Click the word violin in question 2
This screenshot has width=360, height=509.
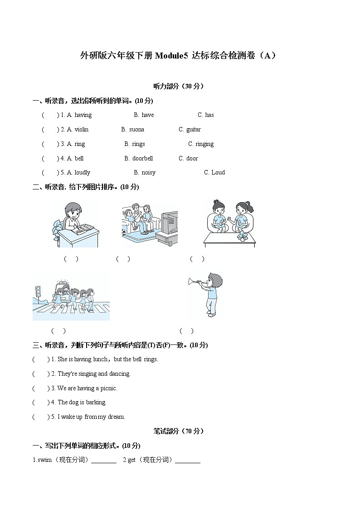[x=82, y=130]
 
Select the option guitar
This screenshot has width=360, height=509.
[x=194, y=130]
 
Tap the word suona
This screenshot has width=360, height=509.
[x=136, y=130]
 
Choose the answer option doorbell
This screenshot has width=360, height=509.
[x=142, y=159]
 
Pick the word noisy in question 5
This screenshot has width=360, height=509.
[x=148, y=173]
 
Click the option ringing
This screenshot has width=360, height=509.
[x=204, y=144]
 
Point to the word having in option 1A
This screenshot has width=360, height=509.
[x=83, y=115]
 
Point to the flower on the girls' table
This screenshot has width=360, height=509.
[x=243, y=236]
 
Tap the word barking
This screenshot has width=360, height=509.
[x=96, y=402]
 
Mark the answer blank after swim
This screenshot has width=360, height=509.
[x=104, y=461]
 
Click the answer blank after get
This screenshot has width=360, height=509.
[x=187, y=461]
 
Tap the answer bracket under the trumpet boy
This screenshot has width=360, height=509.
[x=186, y=331]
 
